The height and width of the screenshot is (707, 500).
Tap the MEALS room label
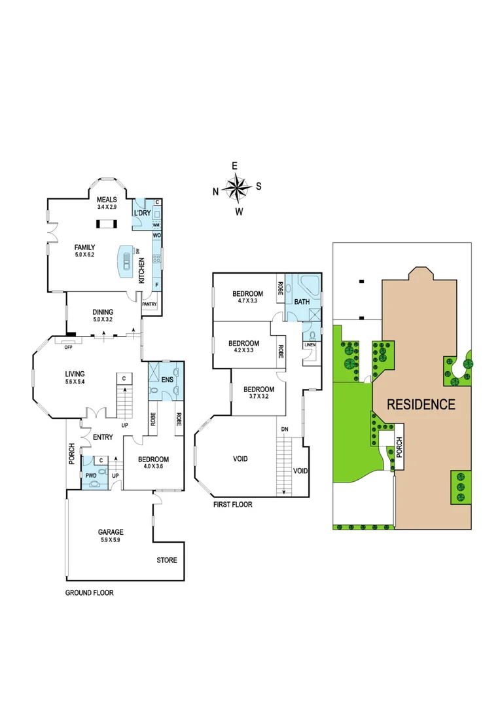coord(106,203)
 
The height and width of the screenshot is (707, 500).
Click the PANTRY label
coord(150,304)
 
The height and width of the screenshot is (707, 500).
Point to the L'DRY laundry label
coord(142,213)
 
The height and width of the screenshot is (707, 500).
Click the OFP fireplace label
coord(67,348)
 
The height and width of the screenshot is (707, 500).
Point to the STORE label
coord(166,560)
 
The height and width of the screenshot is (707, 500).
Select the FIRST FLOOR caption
coord(232,505)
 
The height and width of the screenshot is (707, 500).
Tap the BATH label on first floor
coord(302,302)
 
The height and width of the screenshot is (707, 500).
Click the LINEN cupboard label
coord(310,345)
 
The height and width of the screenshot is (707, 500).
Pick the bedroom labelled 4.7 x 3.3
coord(248,297)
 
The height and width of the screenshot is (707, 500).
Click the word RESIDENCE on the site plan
coord(421,404)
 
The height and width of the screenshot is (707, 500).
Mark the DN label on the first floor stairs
coord(284,429)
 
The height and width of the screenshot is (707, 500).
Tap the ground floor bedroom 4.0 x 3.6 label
coord(153,463)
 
